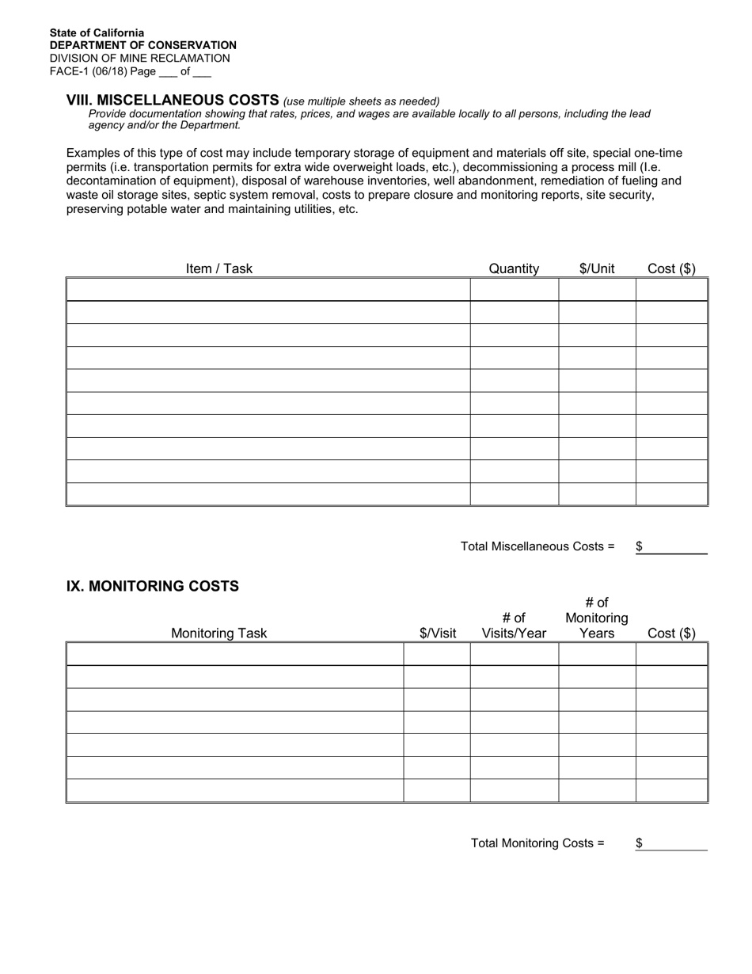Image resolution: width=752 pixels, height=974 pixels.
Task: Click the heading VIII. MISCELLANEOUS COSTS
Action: click(x=173, y=100)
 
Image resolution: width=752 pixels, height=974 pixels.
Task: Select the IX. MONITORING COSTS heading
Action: click(x=152, y=586)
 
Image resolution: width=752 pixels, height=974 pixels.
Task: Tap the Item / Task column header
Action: click(x=218, y=268)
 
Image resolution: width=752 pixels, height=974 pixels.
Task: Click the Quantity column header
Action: click(x=514, y=268)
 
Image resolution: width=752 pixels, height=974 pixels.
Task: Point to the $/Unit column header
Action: click(x=597, y=268)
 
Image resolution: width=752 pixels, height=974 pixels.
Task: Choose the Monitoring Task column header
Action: click(x=218, y=633)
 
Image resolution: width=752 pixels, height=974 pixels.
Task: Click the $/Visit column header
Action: click(x=438, y=633)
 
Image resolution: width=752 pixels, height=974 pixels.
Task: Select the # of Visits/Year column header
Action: click(x=514, y=626)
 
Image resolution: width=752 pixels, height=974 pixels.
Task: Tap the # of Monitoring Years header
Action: click(x=597, y=618)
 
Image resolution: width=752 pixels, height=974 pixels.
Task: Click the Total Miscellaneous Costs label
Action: click(x=537, y=546)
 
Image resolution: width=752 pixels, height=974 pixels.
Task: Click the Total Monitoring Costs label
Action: click(x=537, y=843)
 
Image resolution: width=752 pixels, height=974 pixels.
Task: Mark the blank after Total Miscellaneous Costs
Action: click(x=675, y=547)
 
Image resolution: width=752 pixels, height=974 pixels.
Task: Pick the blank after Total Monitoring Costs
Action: click(x=675, y=843)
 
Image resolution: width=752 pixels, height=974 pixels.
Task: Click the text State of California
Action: click(x=97, y=33)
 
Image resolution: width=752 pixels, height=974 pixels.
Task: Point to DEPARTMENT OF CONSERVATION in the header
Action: click(x=142, y=45)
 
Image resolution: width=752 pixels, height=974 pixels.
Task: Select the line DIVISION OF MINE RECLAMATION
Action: click(x=139, y=58)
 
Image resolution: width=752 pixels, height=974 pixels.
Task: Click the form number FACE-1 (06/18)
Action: click(x=88, y=71)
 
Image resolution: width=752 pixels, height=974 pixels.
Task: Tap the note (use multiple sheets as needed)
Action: click(x=361, y=101)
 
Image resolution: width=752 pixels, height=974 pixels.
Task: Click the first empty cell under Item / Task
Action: click(x=268, y=290)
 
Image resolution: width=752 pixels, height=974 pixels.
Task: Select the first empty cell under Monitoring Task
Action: click(x=235, y=654)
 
